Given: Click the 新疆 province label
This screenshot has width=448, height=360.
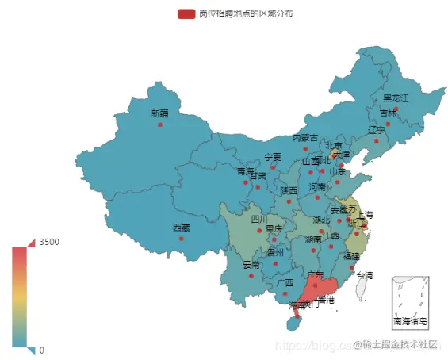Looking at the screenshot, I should (x=160, y=113).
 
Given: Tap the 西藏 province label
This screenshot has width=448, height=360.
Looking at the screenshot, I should (x=182, y=227).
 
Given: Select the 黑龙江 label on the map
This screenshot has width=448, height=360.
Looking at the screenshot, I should (x=396, y=98).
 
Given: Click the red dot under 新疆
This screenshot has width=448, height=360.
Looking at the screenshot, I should (x=160, y=124).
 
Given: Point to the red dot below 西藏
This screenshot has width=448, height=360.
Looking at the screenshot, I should (x=182, y=238).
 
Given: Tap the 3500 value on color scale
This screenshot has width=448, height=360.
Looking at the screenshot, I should (x=50, y=242).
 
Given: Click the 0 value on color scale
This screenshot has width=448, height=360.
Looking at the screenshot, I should (x=42, y=350).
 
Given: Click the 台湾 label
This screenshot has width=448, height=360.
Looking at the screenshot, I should (x=364, y=275).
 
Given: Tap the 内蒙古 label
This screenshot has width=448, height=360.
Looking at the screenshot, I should (x=305, y=137).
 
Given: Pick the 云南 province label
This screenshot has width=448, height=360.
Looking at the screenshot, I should (x=251, y=264).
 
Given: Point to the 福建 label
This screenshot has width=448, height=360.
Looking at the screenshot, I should (x=351, y=256).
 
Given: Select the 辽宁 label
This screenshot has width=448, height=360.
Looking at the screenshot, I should (x=376, y=129).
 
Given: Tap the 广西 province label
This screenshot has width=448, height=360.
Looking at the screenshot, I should (x=285, y=282).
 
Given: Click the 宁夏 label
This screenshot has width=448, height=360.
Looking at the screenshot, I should (x=273, y=156).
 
